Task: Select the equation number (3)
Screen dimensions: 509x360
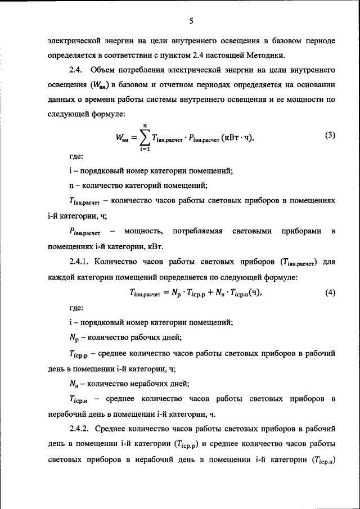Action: coord(330,135)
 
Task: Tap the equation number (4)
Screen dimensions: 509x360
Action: coord(330,292)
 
